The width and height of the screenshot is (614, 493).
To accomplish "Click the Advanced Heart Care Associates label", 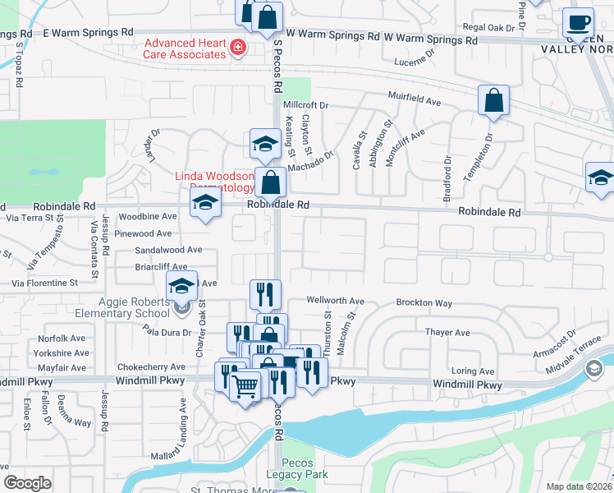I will (186, 48).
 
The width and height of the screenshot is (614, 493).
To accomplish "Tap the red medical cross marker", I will (238, 48).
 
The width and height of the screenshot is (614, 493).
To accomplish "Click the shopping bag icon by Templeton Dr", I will (494, 102).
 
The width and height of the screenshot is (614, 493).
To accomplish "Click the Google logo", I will (28, 483).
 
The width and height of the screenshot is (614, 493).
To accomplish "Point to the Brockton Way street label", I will (424, 303).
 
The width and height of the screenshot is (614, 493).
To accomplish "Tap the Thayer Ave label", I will (447, 333).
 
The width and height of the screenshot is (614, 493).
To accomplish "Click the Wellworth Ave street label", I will (336, 301).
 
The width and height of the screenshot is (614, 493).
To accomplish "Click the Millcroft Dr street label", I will (305, 106).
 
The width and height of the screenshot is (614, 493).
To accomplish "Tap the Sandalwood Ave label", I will (168, 250).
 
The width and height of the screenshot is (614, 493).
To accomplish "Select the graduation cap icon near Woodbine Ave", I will (205, 204).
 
